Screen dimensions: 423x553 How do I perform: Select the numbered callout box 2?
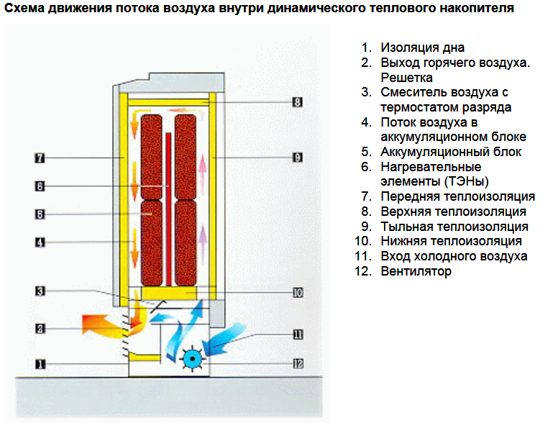[40, 328]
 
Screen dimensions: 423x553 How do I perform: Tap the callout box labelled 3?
[40, 291]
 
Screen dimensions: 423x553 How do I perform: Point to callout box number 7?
[40, 156]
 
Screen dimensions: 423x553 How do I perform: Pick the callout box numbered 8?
[297, 102]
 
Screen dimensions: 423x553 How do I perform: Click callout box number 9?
[297, 156]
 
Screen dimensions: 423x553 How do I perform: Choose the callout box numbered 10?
[297, 292]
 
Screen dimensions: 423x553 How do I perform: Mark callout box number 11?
[297, 334]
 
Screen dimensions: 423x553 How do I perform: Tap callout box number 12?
[297, 363]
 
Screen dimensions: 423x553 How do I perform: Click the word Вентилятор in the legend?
[416, 271]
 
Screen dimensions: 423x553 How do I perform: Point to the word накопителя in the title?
[478, 9]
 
